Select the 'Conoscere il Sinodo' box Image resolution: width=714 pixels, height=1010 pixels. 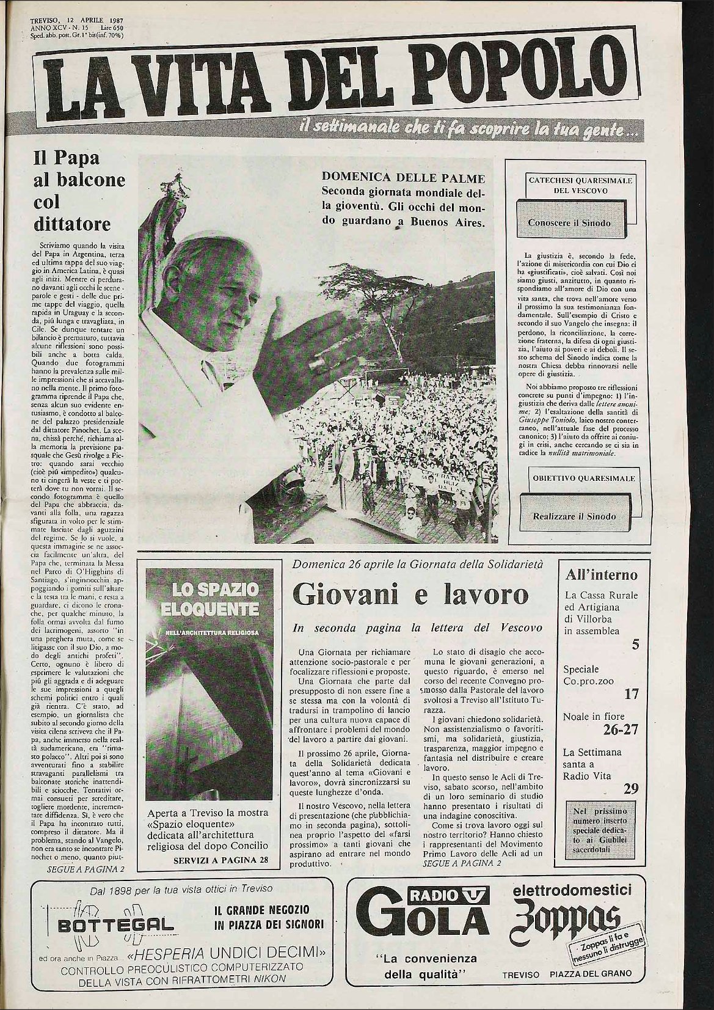(x=569, y=222)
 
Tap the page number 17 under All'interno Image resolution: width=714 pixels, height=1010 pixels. (x=631, y=694)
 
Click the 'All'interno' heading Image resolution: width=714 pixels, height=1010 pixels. (x=601, y=575)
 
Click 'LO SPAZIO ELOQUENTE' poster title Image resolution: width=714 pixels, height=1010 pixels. (x=206, y=599)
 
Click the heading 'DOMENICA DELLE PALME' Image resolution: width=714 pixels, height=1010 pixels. (x=403, y=178)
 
